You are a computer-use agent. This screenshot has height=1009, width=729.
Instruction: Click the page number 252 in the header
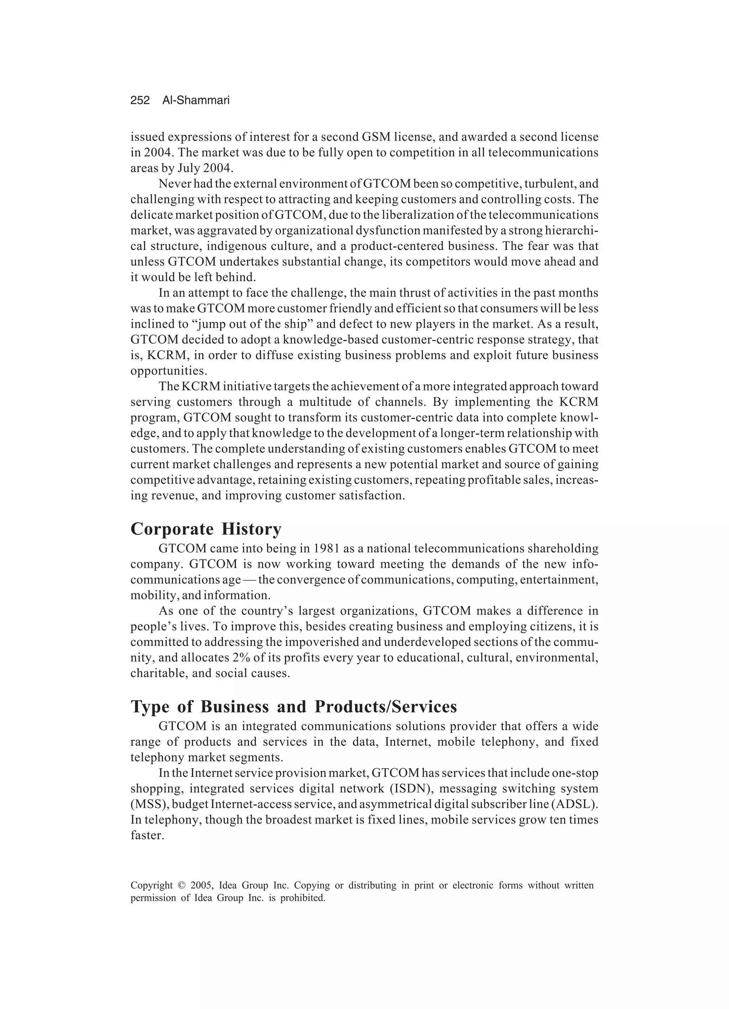140,101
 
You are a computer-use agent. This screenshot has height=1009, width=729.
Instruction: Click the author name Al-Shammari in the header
196,101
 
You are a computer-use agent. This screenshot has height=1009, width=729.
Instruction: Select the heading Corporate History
206,529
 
